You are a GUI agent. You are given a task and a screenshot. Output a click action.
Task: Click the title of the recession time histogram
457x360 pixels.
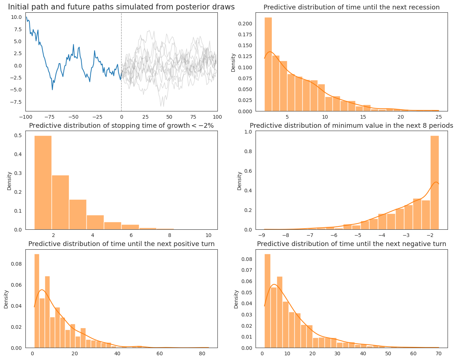pos(351,7)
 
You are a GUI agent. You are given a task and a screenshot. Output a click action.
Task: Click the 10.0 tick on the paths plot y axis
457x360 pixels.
pos(16,17)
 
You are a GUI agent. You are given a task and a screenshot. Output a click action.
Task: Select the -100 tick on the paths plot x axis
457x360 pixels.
pos(25,117)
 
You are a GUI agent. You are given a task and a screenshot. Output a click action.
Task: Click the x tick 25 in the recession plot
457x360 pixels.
pos(438,117)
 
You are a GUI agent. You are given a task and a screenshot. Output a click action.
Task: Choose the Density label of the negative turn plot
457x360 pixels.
pos(236,299)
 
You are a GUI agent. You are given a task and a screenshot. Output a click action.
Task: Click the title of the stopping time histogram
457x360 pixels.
pos(121,126)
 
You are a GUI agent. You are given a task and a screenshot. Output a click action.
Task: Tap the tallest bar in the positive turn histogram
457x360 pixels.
pos(37,301)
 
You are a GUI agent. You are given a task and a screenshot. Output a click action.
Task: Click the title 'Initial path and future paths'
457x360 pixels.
pos(121,7)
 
